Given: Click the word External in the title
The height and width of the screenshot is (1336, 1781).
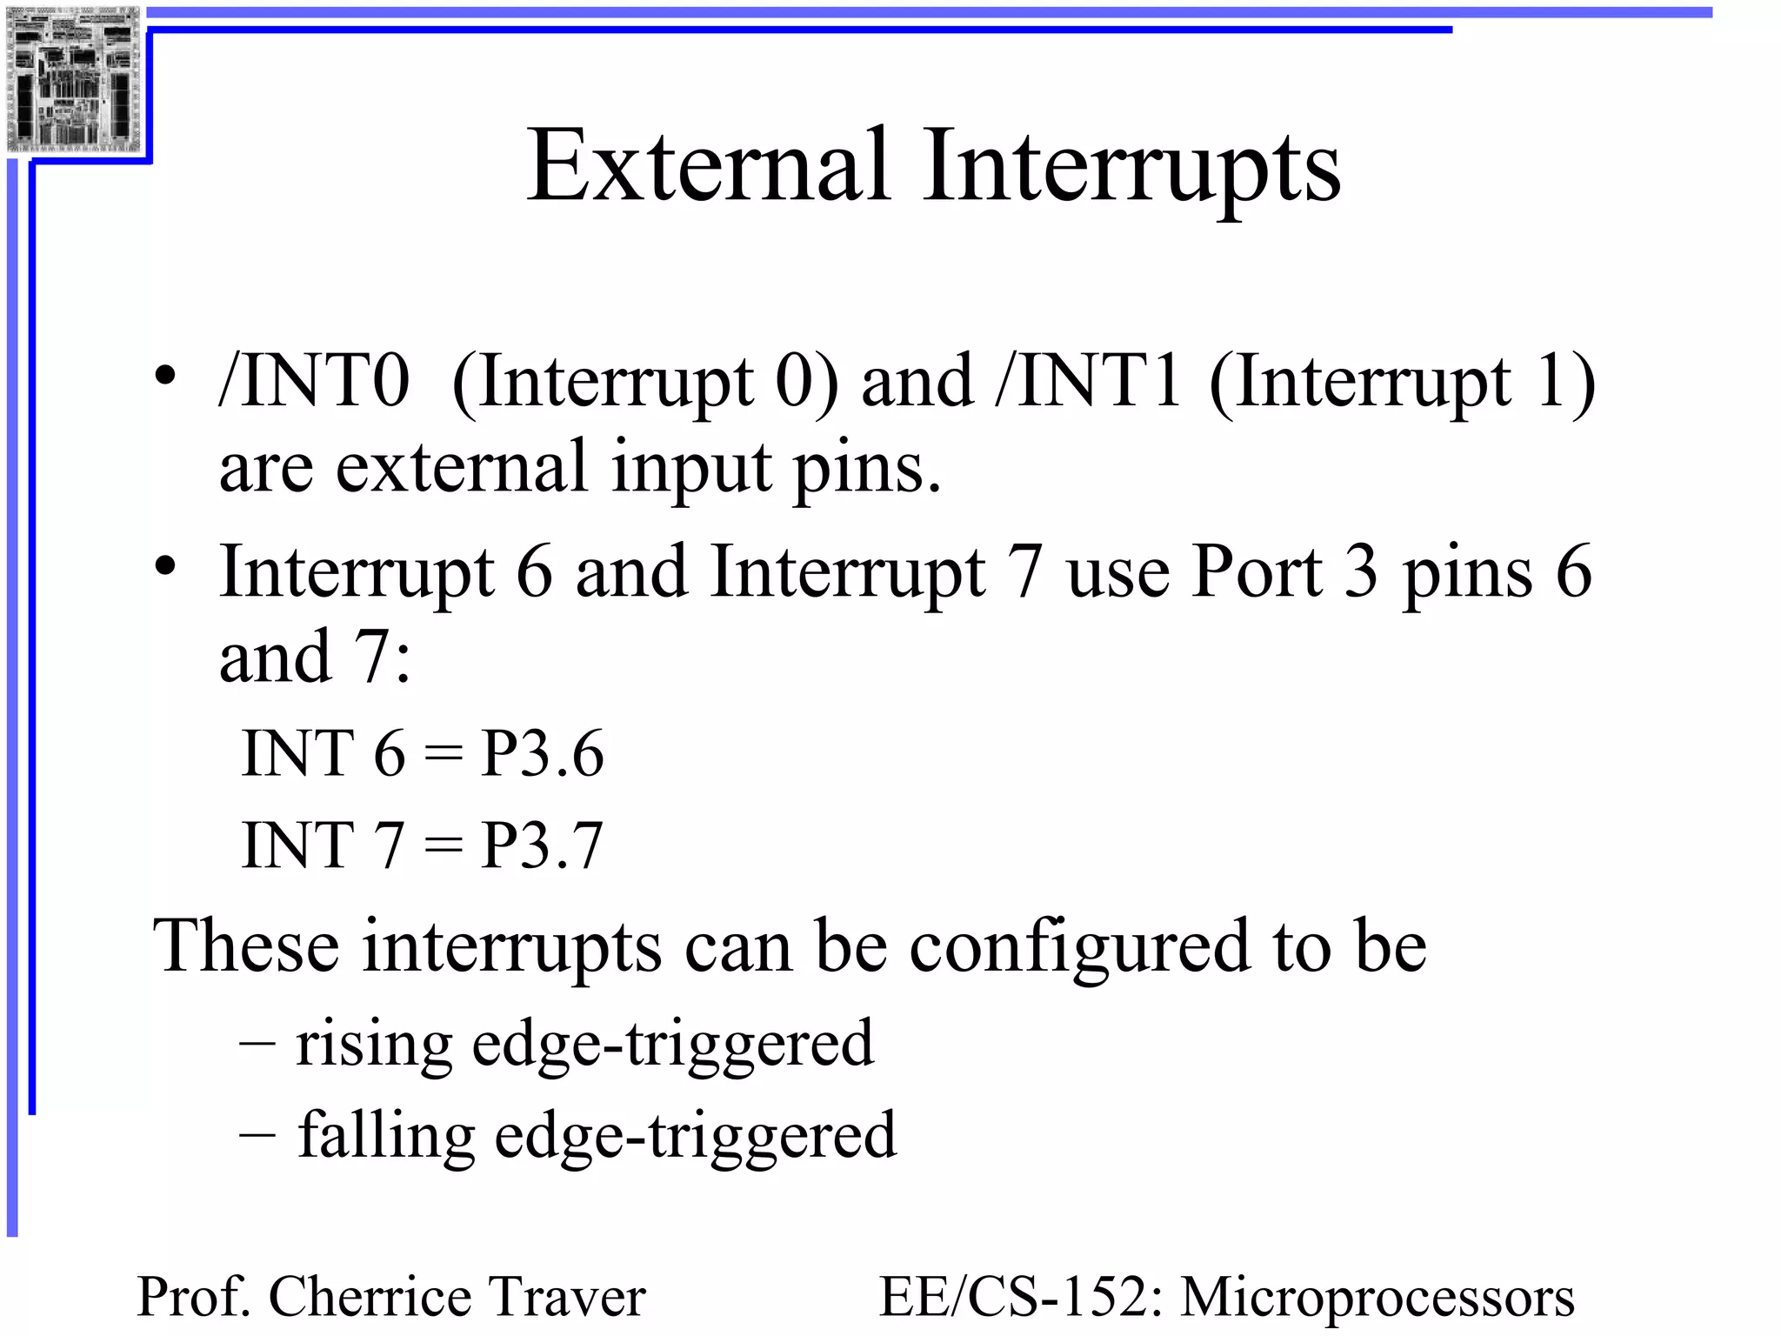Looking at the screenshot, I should pos(709,167).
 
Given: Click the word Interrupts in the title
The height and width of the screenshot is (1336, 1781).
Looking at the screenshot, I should pos(1131,167).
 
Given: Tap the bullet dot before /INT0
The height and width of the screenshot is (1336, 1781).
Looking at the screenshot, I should pos(165,376).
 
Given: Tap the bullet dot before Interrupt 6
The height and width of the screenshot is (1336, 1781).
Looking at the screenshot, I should pos(165,566).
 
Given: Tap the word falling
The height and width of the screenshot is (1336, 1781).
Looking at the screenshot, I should pos(386,1136).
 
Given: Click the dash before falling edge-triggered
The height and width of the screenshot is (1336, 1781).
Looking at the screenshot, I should pos(257,1134).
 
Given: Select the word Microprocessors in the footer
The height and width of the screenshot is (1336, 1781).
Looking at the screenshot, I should pos(1377,1297).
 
